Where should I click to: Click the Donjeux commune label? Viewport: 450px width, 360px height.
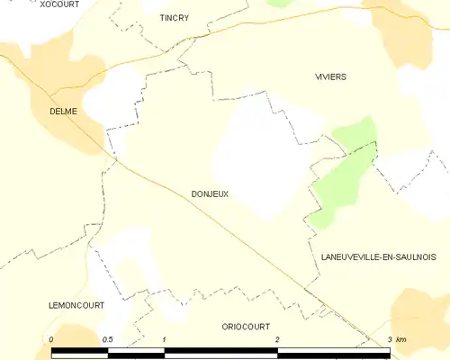(x=210, y=193)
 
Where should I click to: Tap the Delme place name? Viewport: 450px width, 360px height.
(x=63, y=112)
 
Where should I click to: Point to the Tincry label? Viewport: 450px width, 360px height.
(x=174, y=17)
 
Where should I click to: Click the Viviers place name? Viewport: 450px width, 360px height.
(x=330, y=77)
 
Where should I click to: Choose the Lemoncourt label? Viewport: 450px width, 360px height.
(x=76, y=306)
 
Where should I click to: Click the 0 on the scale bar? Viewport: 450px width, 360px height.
(x=52, y=338)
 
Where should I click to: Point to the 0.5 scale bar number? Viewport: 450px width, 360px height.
(x=108, y=338)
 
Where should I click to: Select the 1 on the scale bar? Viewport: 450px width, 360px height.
(x=165, y=338)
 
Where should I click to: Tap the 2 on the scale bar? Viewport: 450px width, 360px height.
(x=277, y=338)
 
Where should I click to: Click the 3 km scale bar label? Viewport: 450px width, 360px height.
(x=395, y=338)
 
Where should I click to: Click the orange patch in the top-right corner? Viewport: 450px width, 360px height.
(x=409, y=36)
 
